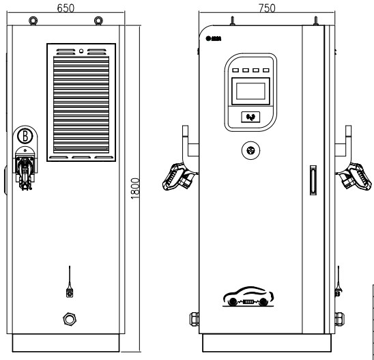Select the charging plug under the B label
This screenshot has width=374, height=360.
25,170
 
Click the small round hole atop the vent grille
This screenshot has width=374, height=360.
81,51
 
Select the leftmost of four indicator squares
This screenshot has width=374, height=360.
235,70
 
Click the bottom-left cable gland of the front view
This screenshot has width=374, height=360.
194,318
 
